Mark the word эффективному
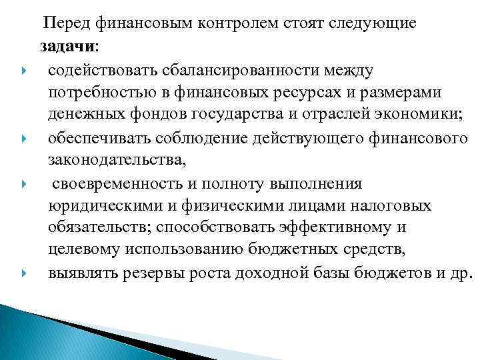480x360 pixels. pyautogui.click(x=341, y=228)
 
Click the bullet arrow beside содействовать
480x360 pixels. pyautogui.click(x=24, y=70)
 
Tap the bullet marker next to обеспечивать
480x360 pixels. pyautogui.click(x=24, y=139)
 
